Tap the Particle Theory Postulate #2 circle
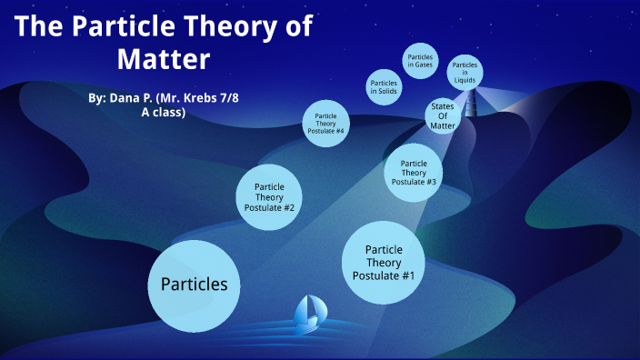[x=268, y=196]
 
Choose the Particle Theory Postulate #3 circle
[x=414, y=172]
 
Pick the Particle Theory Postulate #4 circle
[x=329, y=122]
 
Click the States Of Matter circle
[x=441, y=115]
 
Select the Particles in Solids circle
[x=383, y=87]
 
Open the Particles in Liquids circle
[x=465, y=73]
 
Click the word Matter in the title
[x=164, y=60]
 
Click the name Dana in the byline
[x=122, y=95]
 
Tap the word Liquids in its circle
[x=465, y=80]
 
